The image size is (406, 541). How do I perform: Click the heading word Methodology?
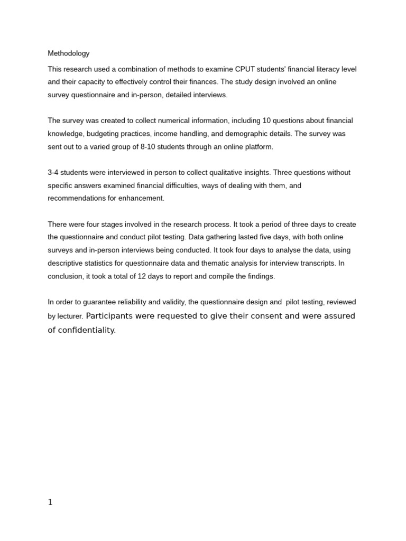69,53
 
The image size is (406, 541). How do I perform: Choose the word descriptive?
67,263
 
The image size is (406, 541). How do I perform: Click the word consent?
248,316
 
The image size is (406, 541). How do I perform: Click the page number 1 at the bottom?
50,502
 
